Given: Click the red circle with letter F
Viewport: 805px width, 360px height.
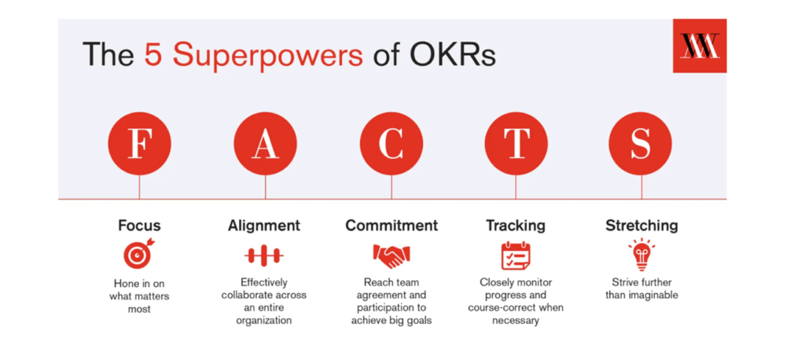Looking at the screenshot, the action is (139, 144).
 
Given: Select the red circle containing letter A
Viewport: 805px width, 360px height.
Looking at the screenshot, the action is (266, 144).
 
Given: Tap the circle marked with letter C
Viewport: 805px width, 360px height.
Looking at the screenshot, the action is (391, 144).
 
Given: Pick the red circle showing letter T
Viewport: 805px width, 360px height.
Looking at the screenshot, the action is (516, 144).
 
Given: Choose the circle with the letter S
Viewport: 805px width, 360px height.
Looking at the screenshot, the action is (640, 144).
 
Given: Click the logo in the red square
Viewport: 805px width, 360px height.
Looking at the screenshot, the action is (700, 46).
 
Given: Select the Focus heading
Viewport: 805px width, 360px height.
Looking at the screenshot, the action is (139, 226).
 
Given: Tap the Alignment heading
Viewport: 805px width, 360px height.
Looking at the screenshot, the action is (264, 226).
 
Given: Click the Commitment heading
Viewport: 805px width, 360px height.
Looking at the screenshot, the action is (391, 226).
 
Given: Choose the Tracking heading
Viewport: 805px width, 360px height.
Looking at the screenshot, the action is (516, 226).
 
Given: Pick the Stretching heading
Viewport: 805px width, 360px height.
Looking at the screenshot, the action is (641, 226).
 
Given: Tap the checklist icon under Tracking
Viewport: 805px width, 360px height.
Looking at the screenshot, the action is (516, 255).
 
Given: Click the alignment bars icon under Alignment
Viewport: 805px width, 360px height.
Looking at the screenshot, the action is (264, 255).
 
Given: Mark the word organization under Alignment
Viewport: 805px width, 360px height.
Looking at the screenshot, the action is (264, 320).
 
